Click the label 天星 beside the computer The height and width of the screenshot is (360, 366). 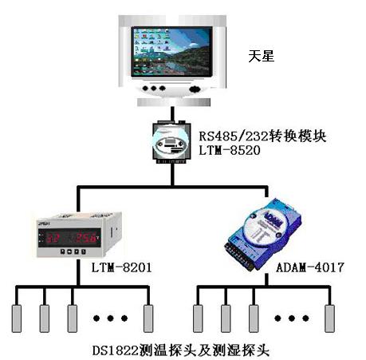261,56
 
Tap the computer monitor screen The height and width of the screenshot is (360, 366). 171,51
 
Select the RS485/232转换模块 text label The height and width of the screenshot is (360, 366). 262,136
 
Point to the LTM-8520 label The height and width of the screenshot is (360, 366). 230,150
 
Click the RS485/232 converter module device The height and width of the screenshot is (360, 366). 171,142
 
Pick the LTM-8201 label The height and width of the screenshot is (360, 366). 121,267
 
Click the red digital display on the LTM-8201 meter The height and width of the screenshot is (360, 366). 70,236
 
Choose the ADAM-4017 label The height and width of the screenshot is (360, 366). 310,267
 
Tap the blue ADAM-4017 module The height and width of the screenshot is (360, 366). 264,234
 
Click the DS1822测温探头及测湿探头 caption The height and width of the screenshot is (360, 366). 181,350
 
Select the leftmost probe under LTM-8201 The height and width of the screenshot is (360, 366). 17,318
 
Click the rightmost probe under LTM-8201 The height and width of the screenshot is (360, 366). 148,318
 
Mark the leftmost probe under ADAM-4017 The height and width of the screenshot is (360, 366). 198,318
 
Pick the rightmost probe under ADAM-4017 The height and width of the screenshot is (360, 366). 329,318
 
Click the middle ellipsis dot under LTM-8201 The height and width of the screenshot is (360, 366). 110,318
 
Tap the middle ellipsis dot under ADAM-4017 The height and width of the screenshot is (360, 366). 292,318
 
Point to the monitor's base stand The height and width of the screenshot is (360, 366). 174,102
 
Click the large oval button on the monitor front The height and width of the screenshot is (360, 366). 195,89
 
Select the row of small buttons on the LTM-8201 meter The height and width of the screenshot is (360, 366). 73,251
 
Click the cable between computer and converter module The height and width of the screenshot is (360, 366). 172,114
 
